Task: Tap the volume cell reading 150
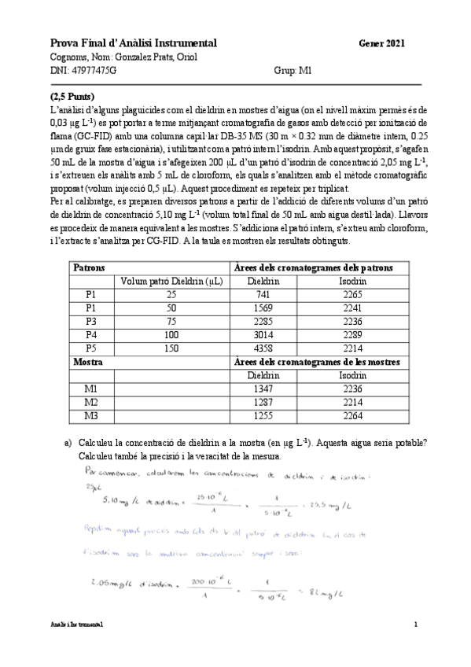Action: click(171, 348)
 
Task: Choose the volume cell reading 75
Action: click(171, 321)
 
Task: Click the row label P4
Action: click(90, 334)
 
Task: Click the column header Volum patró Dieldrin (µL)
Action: click(171, 281)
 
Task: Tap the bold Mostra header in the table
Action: click(88, 361)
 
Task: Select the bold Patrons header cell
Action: click(89, 267)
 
